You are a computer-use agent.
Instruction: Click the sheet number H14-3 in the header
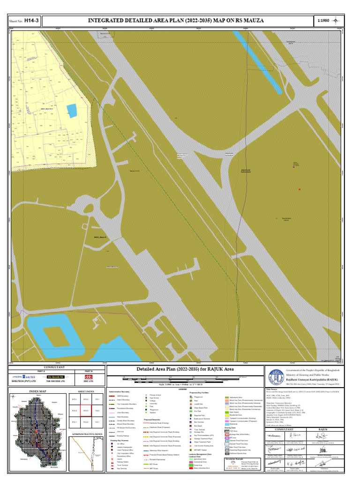tap(31, 21)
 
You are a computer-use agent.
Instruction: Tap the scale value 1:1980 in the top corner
tap(324, 21)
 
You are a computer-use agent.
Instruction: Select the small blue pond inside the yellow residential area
tap(72, 111)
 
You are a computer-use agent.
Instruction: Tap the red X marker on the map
tap(299, 189)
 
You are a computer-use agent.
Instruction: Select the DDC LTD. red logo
tap(89, 376)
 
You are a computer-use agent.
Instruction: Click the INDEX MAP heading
tap(38, 391)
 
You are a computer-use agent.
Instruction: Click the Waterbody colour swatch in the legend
tap(227, 424)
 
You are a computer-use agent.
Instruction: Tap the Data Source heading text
tap(272, 389)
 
